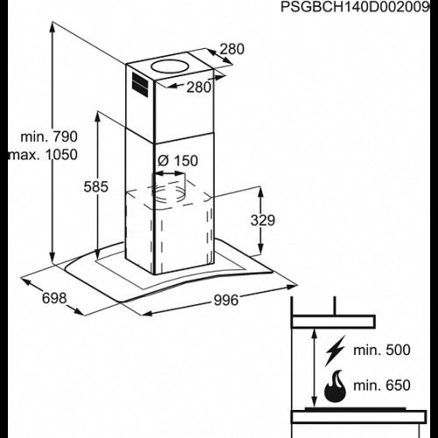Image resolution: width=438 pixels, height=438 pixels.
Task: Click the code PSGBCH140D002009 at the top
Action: [x=355, y=7]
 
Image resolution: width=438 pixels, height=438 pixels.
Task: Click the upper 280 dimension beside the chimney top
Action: [x=232, y=49]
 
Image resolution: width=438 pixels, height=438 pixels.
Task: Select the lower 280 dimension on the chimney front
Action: [x=199, y=87]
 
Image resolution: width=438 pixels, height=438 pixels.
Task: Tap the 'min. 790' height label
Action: [x=49, y=137]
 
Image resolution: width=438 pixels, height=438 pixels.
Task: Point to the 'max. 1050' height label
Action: [x=44, y=155]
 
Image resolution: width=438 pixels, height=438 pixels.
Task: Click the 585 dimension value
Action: [x=95, y=187]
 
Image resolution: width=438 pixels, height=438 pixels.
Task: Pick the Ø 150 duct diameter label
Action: [x=178, y=160]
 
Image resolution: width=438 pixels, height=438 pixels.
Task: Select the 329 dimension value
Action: [x=263, y=220]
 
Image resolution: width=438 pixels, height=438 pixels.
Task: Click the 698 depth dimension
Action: [x=54, y=298]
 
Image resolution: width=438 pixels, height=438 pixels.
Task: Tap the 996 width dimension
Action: [x=226, y=300]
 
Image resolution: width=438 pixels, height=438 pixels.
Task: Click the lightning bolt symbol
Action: [x=336, y=350]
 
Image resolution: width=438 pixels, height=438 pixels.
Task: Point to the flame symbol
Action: [x=336, y=386]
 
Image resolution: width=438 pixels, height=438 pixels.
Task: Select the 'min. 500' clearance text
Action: [x=382, y=350]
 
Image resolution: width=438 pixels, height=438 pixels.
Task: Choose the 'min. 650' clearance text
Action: [x=382, y=385]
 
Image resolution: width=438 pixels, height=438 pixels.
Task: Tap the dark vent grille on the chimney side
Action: [x=140, y=84]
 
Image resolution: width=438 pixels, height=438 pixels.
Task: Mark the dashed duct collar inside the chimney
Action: [x=169, y=191]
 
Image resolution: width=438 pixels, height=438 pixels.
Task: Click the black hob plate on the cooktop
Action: [x=355, y=408]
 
